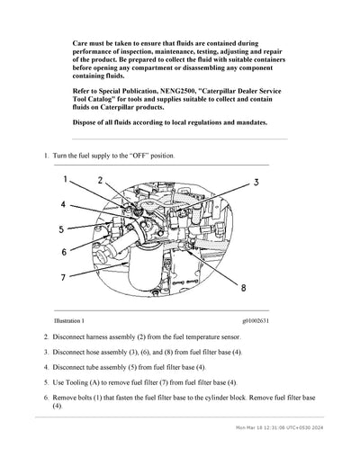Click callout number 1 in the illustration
(65, 180)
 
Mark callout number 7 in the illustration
(64, 277)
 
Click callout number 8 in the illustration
(243, 288)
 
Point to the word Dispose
(87, 122)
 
